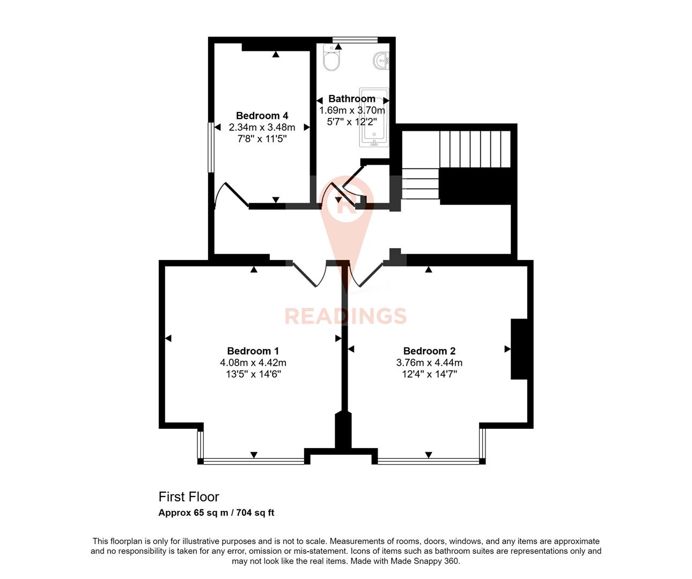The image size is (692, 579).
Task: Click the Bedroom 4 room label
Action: pos(262,116)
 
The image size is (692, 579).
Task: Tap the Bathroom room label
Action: pos(352,99)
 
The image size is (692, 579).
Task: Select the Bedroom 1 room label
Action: pos(253,351)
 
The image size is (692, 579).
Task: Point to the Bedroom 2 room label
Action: pos(429,351)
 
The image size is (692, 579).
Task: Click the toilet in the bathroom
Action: pos(332,60)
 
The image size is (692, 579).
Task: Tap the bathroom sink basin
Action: pos(381,60)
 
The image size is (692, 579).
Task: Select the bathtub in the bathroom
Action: pos(374,118)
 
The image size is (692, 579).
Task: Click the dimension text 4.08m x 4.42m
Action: pos(253,363)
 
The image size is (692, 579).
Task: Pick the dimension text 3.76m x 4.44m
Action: pos(429,363)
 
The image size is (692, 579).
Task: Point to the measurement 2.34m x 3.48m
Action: pos(262,128)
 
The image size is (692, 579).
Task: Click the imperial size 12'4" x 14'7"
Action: pos(429,374)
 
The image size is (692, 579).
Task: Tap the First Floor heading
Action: pos(189,497)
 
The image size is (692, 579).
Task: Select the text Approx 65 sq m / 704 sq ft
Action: pos(216,513)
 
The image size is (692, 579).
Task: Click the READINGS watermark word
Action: pos(345,316)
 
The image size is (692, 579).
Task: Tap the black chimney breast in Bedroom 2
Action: pos(519,349)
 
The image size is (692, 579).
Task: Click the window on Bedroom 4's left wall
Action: pos(211,147)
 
